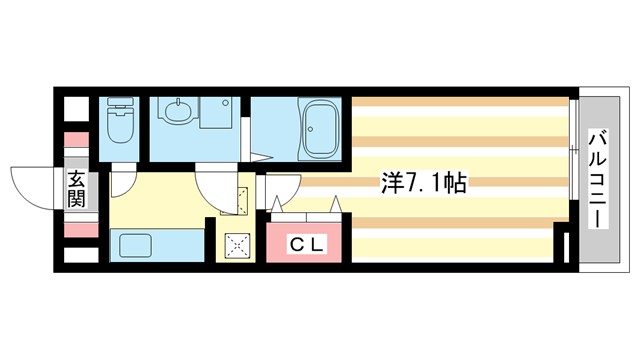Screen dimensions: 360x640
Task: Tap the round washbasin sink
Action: [179, 112]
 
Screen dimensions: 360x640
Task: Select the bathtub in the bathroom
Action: [322, 130]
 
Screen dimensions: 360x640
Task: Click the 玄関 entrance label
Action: [77, 188]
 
